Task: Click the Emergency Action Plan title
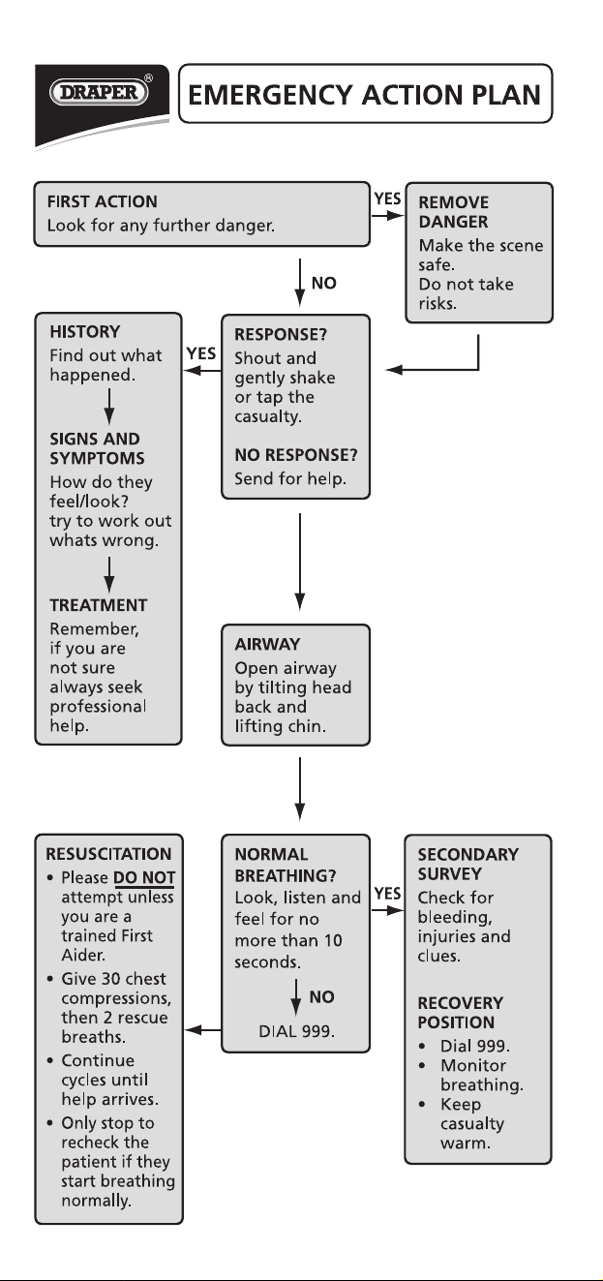pyautogui.click(x=365, y=94)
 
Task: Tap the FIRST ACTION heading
pyautogui.click(x=103, y=201)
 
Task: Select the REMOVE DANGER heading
pyautogui.click(x=453, y=212)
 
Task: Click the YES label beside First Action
pyautogui.click(x=387, y=198)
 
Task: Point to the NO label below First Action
pyautogui.click(x=323, y=283)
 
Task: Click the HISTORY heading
pyautogui.click(x=84, y=332)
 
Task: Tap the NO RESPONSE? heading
pyautogui.click(x=296, y=455)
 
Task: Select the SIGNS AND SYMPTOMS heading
pyautogui.click(x=97, y=448)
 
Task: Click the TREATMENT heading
pyautogui.click(x=99, y=605)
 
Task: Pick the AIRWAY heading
pyautogui.click(x=267, y=645)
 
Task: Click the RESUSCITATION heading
pyautogui.click(x=108, y=854)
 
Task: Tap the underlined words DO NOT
pyautogui.click(x=144, y=878)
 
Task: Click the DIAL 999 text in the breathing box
pyautogui.click(x=296, y=1031)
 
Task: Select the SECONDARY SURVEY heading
pyautogui.click(x=468, y=864)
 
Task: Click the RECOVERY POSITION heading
pyautogui.click(x=461, y=1012)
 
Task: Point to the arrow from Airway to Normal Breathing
pyautogui.click(x=299, y=788)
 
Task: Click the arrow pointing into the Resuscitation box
pyautogui.click(x=203, y=1030)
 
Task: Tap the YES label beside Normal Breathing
pyautogui.click(x=387, y=894)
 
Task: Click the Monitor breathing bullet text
pyautogui.click(x=482, y=1075)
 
